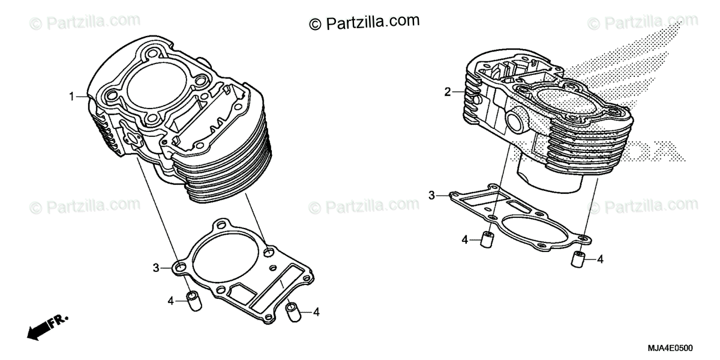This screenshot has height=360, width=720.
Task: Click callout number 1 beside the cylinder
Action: click(x=71, y=97)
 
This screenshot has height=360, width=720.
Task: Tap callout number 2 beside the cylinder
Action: click(x=447, y=92)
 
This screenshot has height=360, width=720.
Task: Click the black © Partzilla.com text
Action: click(x=364, y=22)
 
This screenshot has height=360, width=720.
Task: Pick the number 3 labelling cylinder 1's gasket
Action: click(x=155, y=268)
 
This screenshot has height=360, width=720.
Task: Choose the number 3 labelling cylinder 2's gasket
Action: click(x=431, y=195)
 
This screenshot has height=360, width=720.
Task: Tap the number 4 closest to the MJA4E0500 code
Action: click(x=600, y=259)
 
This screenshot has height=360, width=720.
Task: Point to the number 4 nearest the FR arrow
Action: click(x=171, y=300)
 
